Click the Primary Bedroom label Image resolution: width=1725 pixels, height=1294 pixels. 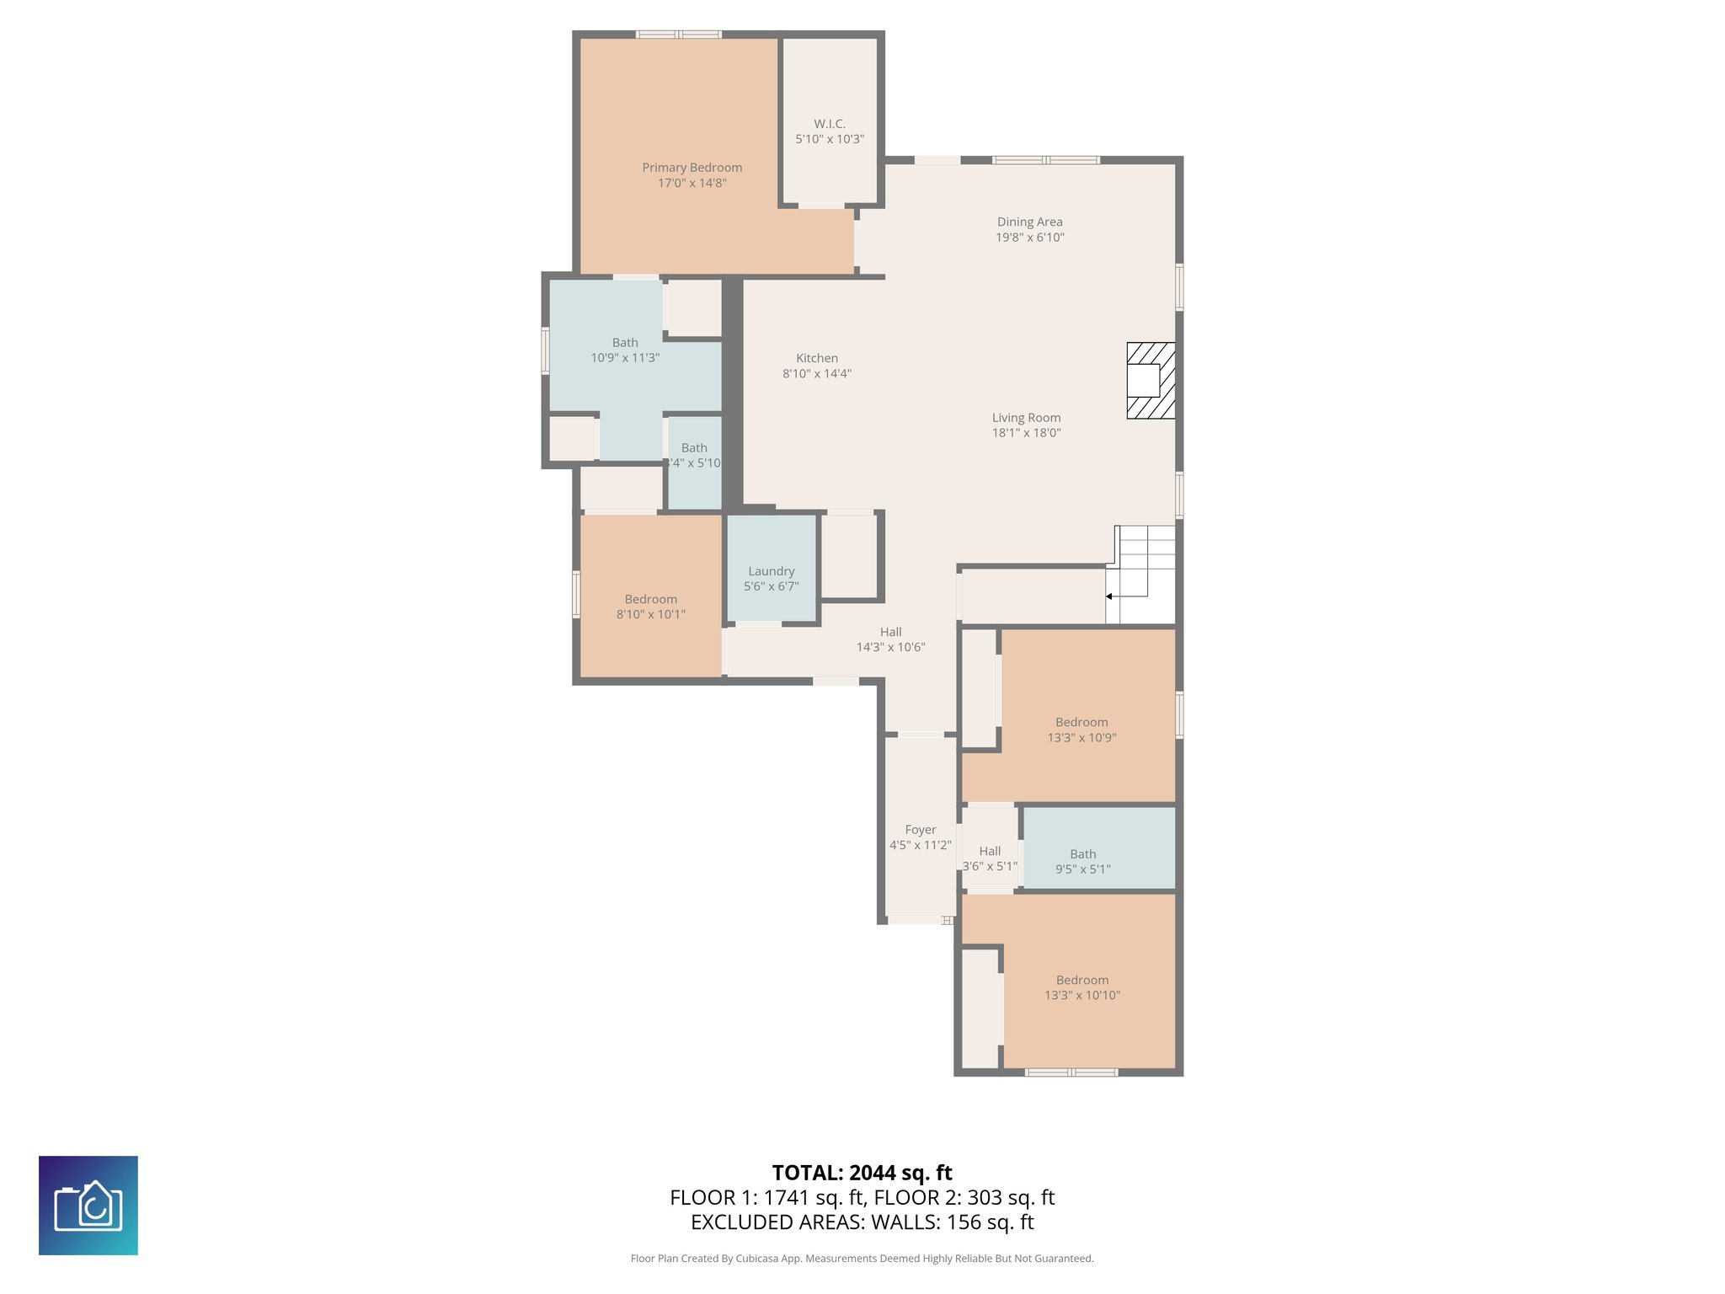coord(692,168)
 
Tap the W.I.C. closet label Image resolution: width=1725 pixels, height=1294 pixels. coord(830,124)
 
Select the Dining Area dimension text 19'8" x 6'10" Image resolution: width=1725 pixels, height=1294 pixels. coord(1029,238)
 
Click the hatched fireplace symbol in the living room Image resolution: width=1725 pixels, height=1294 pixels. coord(1151,381)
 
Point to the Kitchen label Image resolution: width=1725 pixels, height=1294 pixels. coord(816,358)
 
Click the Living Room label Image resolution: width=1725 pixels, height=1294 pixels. coord(1026,418)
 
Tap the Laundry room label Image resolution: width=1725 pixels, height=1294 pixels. coord(771,571)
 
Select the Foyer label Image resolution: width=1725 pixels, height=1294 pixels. coord(920,830)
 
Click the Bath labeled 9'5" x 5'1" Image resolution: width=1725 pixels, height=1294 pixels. coord(1082,861)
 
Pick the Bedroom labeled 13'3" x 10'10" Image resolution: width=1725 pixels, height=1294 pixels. coord(1081,987)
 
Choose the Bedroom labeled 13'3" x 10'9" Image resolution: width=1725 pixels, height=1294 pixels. coord(1081,730)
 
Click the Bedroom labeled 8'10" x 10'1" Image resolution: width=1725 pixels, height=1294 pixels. coord(650,607)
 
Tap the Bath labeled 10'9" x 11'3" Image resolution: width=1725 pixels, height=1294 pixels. coord(624,350)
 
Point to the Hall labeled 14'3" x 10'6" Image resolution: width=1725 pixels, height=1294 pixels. coord(890,639)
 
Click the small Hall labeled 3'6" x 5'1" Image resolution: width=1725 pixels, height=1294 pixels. coord(990,858)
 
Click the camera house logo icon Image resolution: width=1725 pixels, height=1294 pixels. coord(88,1205)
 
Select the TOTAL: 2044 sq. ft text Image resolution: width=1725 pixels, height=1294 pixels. coord(862,1173)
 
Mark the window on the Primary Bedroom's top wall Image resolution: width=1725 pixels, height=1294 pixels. coord(678,35)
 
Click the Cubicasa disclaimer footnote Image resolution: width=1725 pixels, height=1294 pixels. coord(862,1259)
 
